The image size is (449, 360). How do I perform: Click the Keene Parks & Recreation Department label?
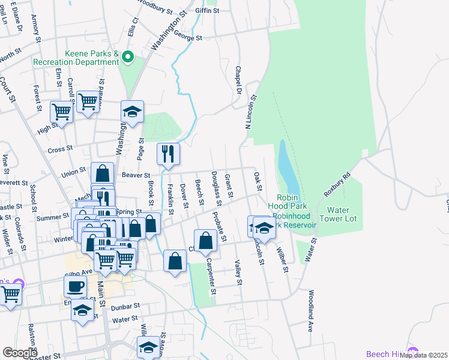(x=75, y=57)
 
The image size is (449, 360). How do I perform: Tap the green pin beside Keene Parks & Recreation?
(x=127, y=58)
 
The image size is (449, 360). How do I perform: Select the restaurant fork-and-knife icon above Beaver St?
(x=168, y=154)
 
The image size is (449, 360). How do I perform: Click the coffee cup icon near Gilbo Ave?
(x=76, y=286)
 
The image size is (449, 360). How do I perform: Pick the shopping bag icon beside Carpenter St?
(x=205, y=241)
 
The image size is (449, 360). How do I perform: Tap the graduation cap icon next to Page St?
(x=132, y=112)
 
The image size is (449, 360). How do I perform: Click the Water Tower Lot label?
(x=342, y=214)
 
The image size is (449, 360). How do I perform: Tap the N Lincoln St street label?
(x=252, y=112)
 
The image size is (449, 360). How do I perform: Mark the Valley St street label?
(x=238, y=272)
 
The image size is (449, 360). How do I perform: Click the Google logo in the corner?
(x=20, y=352)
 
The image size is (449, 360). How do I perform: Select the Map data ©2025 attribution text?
(x=423, y=355)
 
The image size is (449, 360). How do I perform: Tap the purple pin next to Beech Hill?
(x=412, y=352)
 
